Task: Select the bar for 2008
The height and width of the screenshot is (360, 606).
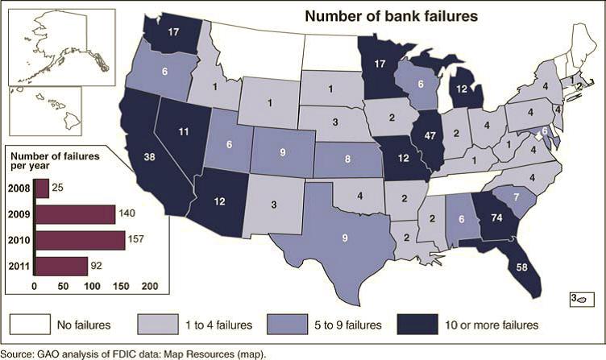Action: click(x=41, y=188)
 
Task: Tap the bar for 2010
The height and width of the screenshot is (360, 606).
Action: click(x=79, y=240)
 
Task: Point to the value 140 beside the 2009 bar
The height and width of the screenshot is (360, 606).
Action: click(x=128, y=215)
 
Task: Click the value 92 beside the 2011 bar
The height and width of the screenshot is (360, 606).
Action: click(x=98, y=265)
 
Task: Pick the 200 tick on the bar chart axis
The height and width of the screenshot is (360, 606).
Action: click(x=150, y=286)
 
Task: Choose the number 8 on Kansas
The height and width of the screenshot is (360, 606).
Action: click(x=347, y=159)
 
